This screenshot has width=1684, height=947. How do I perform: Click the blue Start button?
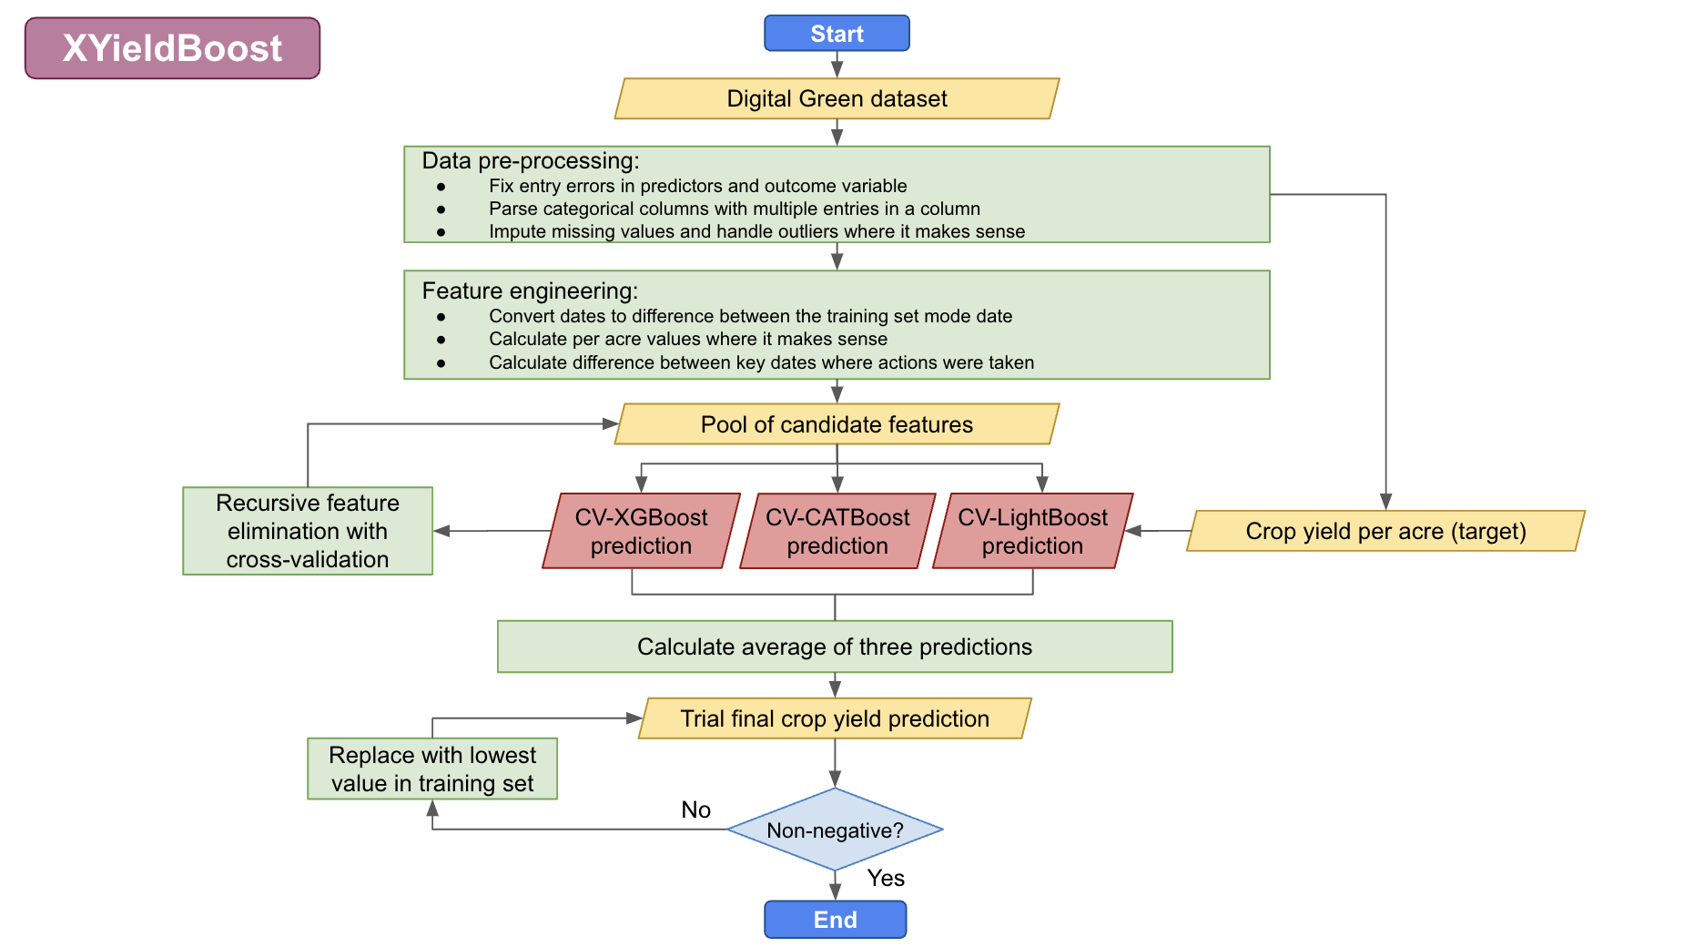coord(837,34)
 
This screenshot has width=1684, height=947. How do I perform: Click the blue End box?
coord(835,920)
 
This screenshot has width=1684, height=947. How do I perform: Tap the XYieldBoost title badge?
coord(172,48)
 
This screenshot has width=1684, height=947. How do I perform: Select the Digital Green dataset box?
coord(837,98)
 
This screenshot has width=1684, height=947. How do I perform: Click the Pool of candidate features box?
coord(837,424)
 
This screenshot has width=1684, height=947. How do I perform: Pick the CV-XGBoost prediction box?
coord(641,531)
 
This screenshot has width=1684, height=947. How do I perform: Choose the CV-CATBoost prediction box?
coord(837,531)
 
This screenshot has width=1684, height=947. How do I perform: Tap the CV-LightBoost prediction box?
coord(1032,531)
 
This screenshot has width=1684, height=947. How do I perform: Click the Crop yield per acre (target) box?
coord(1385,531)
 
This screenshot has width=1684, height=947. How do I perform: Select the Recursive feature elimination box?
coord(308,531)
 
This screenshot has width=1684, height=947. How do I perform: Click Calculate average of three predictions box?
coord(835,647)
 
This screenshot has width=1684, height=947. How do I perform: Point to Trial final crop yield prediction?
coord(835,718)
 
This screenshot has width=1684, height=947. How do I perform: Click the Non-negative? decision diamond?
coord(835,830)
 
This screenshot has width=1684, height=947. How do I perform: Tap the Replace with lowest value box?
coord(432,769)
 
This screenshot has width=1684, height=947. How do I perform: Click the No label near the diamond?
coord(695,810)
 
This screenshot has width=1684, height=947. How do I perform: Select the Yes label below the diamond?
coord(886,878)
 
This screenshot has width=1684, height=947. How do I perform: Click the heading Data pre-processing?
coord(531,161)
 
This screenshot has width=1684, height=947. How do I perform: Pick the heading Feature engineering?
coord(530,291)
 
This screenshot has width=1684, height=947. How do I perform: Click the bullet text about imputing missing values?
coord(756,231)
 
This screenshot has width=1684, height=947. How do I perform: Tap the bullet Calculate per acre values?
coord(687,339)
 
